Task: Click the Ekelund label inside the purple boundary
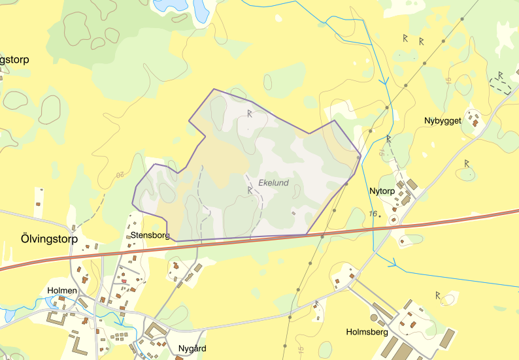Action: (x=273, y=184)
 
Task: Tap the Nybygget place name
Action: (x=443, y=121)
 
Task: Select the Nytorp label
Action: (x=382, y=191)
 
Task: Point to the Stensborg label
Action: (x=150, y=235)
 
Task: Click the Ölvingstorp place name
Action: (x=44, y=239)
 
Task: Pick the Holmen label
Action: (x=63, y=290)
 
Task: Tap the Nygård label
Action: (x=192, y=349)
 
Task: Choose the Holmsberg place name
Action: (x=367, y=332)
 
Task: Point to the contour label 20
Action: (x=120, y=175)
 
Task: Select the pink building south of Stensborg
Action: (x=123, y=281)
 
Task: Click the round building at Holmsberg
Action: (x=374, y=318)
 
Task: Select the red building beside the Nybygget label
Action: (x=476, y=122)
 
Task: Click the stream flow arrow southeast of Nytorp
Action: (x=394, y=264)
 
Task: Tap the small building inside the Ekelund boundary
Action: (x=293, y=212)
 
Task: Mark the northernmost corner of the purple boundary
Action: (x=214, y=89)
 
